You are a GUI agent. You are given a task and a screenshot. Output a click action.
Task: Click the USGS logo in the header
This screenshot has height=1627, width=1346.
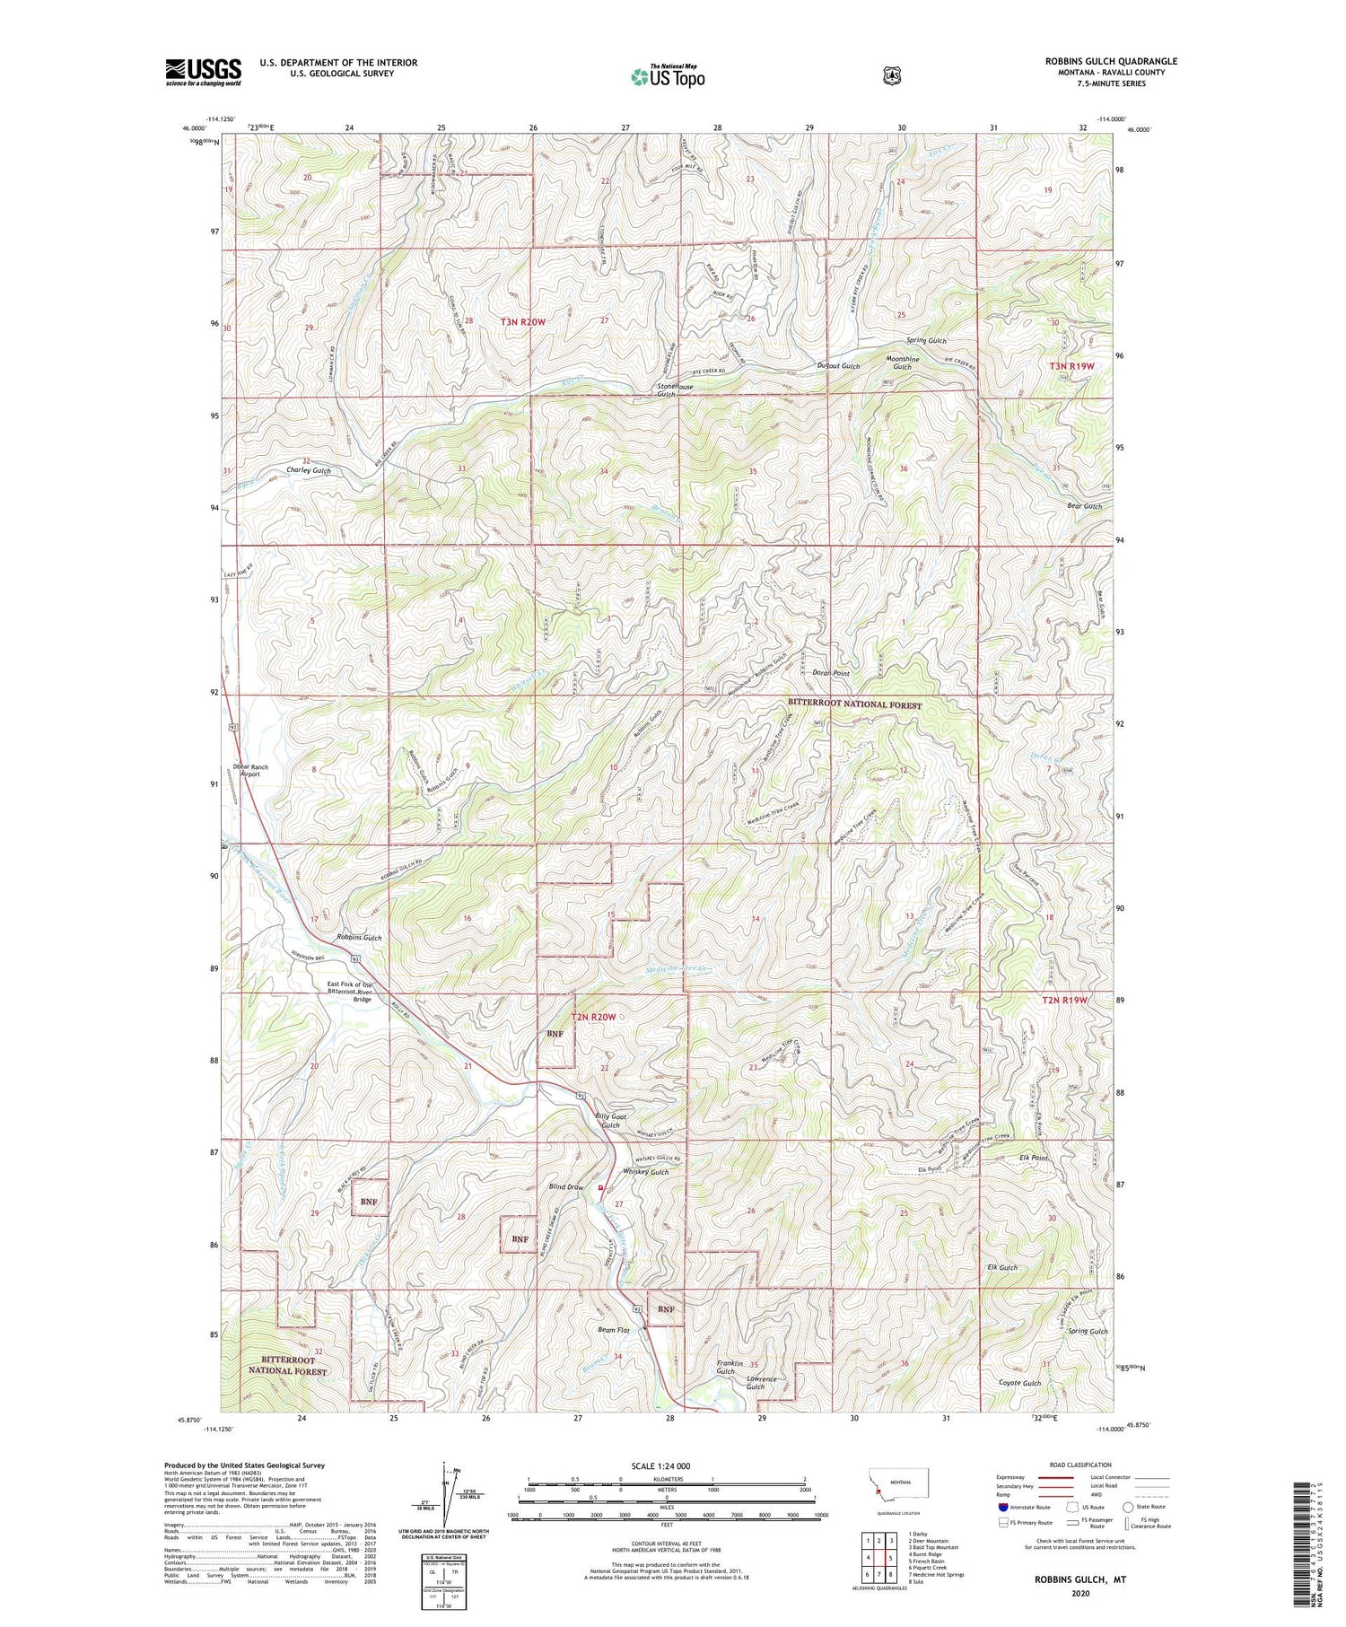[x=203, y=72]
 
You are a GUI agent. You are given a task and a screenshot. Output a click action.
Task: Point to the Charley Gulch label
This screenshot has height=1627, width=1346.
[x=309, y=470]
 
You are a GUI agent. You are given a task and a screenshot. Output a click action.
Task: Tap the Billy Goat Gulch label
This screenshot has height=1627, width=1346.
[x=607, y=1120]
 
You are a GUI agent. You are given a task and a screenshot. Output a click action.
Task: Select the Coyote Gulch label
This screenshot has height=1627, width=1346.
[x=1020, y=1383]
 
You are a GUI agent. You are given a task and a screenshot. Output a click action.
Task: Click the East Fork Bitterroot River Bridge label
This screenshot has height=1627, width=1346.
[x=349, y=991]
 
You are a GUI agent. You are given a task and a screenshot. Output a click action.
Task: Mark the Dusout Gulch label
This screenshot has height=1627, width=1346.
[x=838, y=366]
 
